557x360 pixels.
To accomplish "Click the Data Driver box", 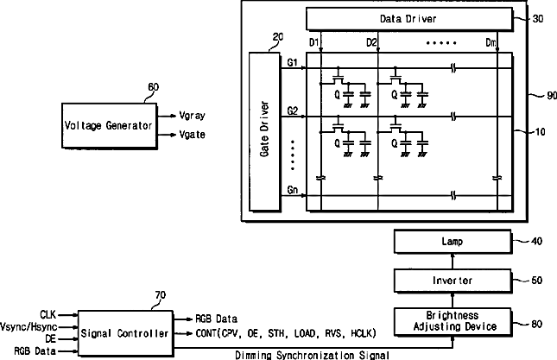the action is coord(409,18).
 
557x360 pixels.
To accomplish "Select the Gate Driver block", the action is coord(264,132).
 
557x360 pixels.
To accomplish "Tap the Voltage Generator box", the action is coord(110,126).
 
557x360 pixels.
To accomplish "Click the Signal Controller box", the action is coord(125,333).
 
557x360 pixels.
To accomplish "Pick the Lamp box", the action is coord(453,242).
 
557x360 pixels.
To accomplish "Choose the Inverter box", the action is coord(453,281).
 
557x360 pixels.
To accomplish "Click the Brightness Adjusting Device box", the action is coord(453,322).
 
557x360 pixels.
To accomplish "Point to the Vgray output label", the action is coord(192,116).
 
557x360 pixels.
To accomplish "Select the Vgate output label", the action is coord(192,135).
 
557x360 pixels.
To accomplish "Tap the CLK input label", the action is coord(48,314).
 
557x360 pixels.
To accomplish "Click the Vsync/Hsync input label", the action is coord(28,326).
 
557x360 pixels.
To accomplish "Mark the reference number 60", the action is coord(154,87).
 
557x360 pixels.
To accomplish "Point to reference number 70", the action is coord(161,295).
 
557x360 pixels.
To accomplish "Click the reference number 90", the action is coord(552,96).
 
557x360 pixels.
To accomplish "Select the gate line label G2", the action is coord(292,111).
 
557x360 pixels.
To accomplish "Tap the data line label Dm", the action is coord(491,43).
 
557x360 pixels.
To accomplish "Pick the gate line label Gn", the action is coord(292,190).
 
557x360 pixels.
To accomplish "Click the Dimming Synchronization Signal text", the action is coord(313,355).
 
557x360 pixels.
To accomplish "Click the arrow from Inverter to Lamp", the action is coord(453,261).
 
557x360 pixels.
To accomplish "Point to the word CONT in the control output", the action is coord(206,333).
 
